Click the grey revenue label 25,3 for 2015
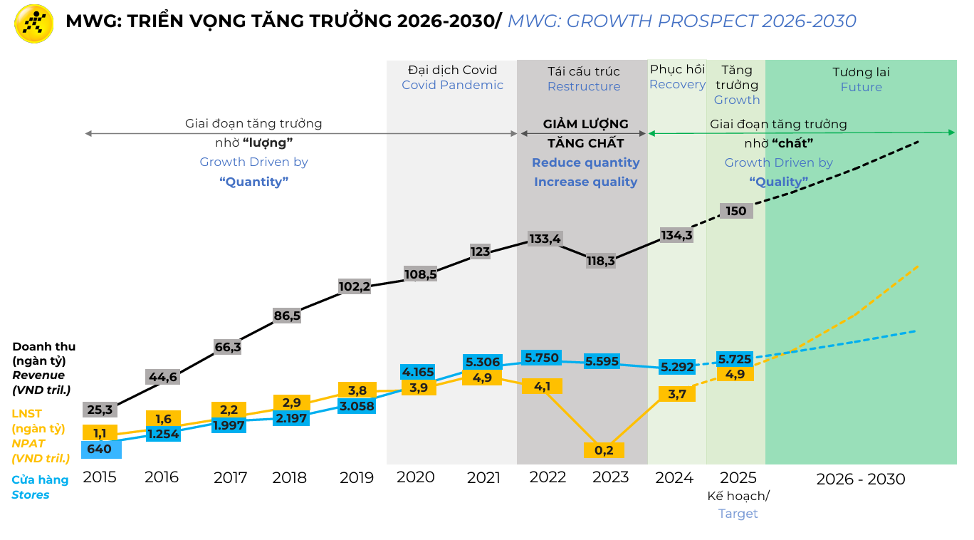(100, 410)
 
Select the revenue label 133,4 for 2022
(545, 238)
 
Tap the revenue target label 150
(735, 211)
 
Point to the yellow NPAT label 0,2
(604, 450)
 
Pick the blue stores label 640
(100, 450)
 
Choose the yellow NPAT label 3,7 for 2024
(676, 394)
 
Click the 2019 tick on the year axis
(356, 477)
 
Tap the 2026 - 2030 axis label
(860, 479)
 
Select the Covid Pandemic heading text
(452, 85)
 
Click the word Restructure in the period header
(584, 87)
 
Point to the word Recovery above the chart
(677, 85)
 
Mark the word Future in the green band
(861, 88)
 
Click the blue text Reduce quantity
(585, 162)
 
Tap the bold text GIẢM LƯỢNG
(585, 125)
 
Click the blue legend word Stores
(31, 494)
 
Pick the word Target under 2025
(738, 514)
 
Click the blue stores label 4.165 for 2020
(418, 372)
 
